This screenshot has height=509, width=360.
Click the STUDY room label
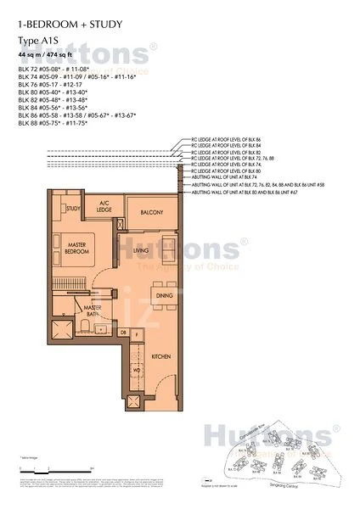coord(73,208)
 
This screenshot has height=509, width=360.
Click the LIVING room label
coord(142,252)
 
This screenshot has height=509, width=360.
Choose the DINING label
coord(164,294)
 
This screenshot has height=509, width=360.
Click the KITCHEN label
coord(161,357)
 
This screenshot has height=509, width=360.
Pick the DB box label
coord(123,331)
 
